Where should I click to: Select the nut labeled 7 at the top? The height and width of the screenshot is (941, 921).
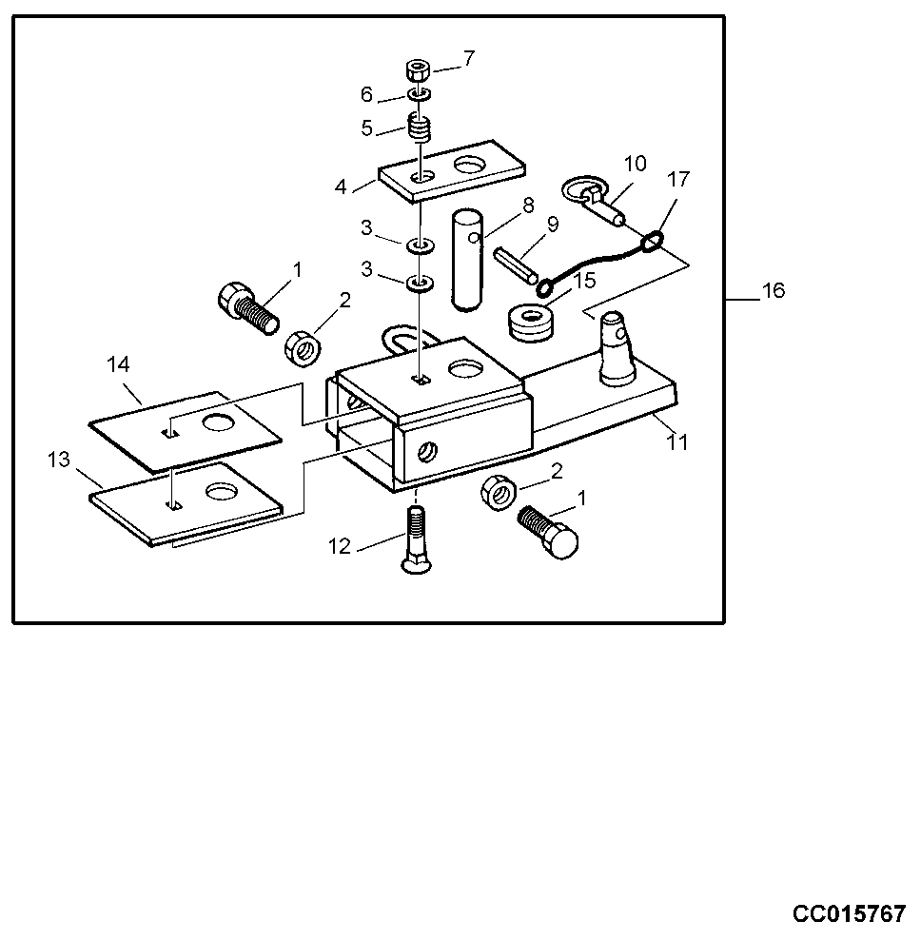click(418, 71)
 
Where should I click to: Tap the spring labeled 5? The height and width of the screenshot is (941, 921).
click(420, 126)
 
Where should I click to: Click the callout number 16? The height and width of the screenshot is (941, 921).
click(774, 290)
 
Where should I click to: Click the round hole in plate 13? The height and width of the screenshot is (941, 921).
click(221, 491)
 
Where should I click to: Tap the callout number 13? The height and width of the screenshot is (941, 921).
click(59, 460)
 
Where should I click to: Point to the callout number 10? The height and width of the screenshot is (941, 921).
click(635, 164)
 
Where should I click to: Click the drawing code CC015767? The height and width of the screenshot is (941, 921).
click(850, 914)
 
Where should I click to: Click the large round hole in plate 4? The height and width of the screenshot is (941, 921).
click(469, 165)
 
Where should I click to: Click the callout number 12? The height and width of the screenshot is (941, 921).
click(340, 547)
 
